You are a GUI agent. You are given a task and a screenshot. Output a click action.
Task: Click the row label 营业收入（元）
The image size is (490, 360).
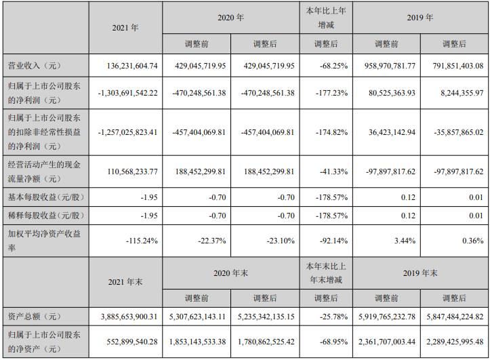pyautogui.click(x=33, y=66)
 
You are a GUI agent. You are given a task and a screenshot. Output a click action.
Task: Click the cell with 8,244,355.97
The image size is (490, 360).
pyautogui.click(x=457, y=93)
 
